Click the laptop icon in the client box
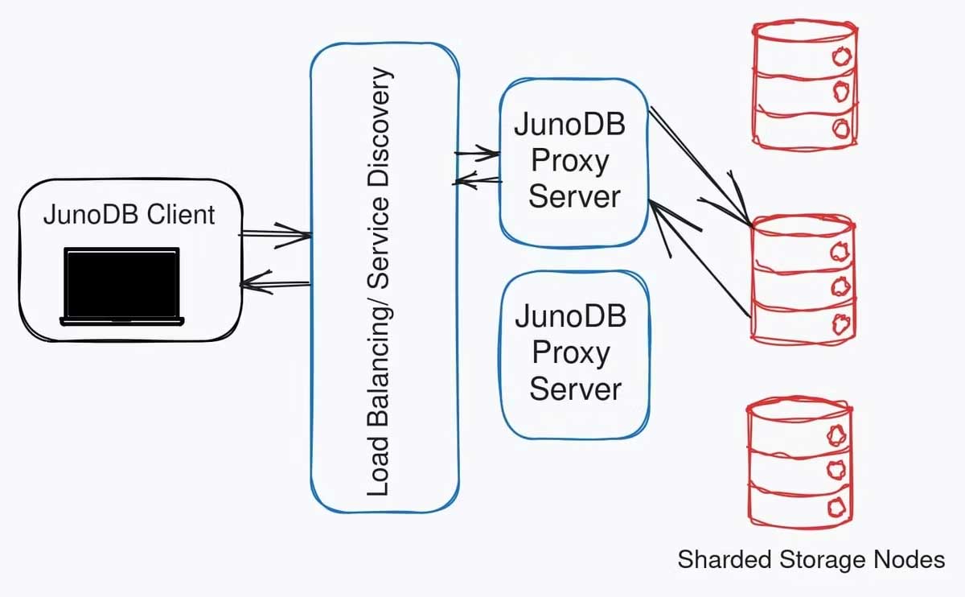click(122, 286)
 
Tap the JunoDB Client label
click(129, 215)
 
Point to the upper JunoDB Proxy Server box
click(573, 161)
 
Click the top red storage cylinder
click(802, 84)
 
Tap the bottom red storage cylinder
click(799, 463)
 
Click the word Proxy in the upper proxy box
click(569, 161)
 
